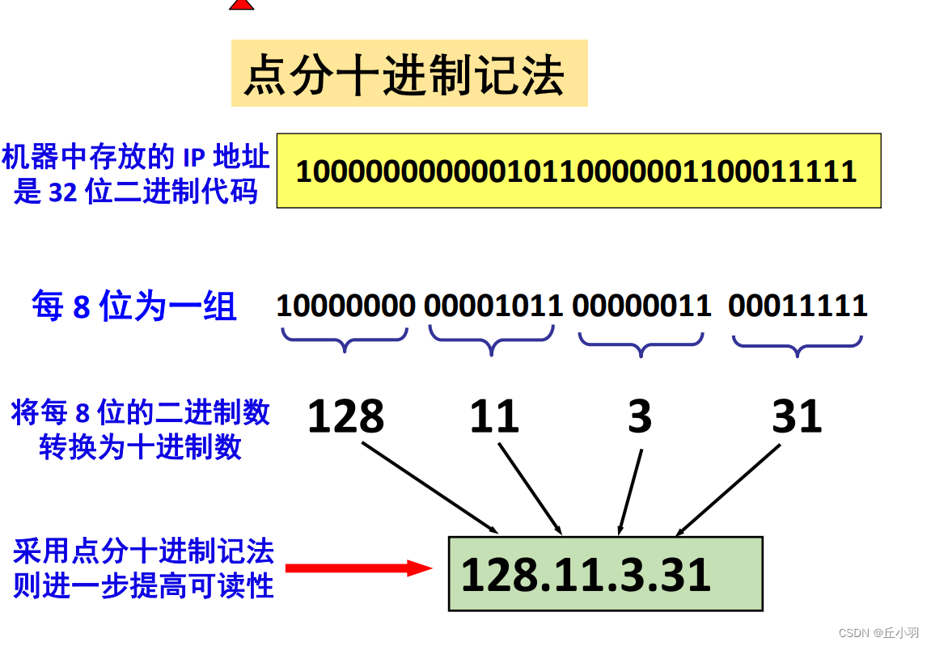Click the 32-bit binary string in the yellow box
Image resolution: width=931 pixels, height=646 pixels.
(576, 171)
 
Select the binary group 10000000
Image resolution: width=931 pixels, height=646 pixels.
(345, 306)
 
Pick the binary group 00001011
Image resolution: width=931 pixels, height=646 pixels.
(493, 306)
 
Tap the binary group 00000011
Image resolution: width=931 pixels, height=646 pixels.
(641, 306)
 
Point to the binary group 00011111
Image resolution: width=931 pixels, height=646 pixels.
(798, 306)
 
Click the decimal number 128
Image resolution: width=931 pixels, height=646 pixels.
(345, 417)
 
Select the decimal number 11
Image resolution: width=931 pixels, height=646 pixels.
(493, 417)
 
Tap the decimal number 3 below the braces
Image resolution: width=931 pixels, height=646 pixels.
(639, 417)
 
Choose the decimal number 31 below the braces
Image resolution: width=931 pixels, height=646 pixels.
(797, 417)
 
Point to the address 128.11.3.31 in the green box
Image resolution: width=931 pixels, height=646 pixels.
(586, 575)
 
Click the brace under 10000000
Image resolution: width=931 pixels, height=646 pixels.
(345, 339)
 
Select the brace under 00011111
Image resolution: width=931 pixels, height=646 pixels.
(798, 345)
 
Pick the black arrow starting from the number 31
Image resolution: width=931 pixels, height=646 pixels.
(728, 490)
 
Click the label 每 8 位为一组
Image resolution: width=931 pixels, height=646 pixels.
(133, 306)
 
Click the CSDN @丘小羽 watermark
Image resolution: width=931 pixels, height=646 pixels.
(878, 632)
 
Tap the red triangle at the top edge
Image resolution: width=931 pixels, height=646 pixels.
(241, 4)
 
